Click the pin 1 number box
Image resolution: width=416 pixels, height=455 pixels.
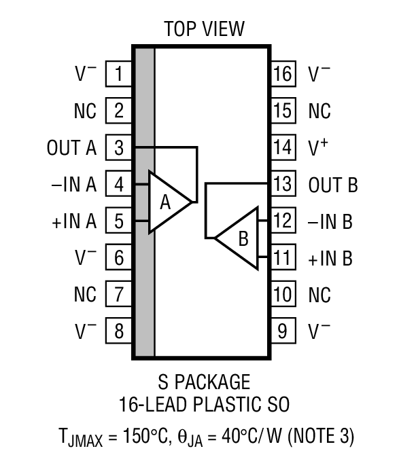tap(119, 73)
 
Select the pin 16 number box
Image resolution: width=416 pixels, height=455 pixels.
tap(283, 73)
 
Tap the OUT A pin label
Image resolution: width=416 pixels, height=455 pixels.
tap(72, 147)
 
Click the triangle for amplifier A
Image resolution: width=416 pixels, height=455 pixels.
tap(167, 202)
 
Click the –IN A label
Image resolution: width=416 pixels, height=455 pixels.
tap(73, 185)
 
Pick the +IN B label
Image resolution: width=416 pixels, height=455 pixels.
tap(331, 259)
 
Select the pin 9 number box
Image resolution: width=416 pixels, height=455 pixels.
tap(283, 331)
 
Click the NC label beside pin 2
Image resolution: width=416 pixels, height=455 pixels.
tap(85, 111)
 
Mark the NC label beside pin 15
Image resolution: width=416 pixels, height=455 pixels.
tap(319, 111)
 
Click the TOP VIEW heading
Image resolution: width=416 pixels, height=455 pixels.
tap(204, 29)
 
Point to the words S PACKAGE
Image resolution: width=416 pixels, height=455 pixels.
tap(204, 382)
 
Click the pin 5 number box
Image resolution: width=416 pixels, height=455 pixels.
tap(119, 221)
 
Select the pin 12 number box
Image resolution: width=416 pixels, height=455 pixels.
tap(283, 221)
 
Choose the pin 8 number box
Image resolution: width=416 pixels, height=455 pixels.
tap(119, 331)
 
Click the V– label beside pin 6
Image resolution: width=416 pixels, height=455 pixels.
tap(86, 258)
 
